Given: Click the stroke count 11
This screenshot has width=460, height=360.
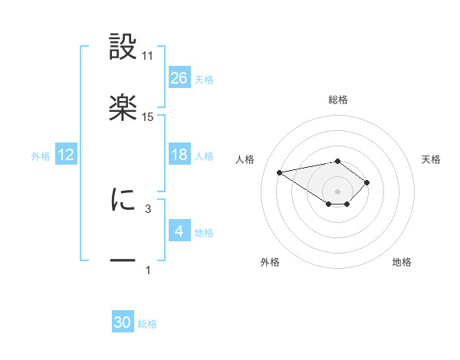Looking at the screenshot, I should click(148, 56).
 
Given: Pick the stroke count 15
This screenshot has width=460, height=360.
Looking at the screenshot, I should click(148, 116).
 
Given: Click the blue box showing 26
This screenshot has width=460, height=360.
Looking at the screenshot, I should click(179, 77).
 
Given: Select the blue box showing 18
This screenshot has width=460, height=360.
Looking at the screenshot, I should click(179, 155).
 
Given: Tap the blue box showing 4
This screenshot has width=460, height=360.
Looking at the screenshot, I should click(179, 231).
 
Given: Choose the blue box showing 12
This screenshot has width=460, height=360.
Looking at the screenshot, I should click(66, 155).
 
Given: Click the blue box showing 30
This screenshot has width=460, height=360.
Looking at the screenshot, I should click(123, 322).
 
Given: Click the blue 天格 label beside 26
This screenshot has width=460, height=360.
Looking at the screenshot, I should click(204, 79).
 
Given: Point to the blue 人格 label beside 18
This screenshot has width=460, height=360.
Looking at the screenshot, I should click(204, 155).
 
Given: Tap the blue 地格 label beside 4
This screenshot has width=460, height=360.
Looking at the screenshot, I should click(204, 232).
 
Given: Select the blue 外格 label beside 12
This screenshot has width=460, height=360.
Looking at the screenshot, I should click(41, 155).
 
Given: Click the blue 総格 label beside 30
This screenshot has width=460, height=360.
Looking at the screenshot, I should click(147, 324).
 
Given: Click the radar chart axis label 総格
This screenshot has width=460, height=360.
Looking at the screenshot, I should click(338, 100).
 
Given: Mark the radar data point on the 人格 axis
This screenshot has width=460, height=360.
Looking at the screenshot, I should click(280, 172).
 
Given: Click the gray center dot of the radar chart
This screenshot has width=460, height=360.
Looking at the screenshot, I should click(338, 191).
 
